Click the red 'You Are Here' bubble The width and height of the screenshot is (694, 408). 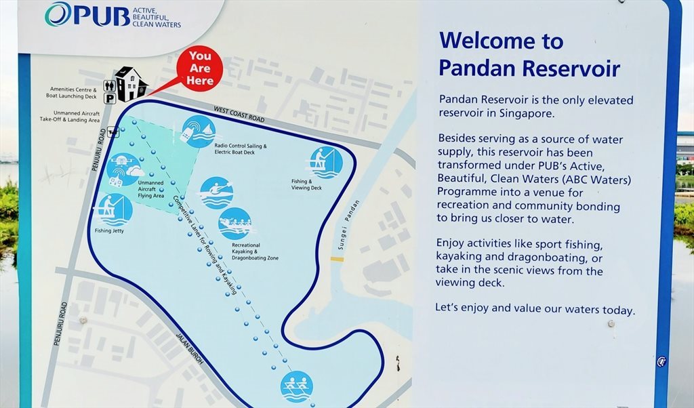[x=199, y=69]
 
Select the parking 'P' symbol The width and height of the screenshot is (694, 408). [x=110, y=98]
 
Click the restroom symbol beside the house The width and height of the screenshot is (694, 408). [x=109, y=85]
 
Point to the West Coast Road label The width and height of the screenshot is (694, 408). [x=239, y=114]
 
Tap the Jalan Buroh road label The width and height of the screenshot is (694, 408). [x=190, y=348]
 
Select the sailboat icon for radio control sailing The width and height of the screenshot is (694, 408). [x=199, y=131]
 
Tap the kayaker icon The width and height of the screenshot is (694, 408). [x=216, y=193]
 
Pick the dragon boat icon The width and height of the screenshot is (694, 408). [x=235, y=224]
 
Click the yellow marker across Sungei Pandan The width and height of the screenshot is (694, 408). [x=337, y=260]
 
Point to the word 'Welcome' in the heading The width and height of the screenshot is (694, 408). [x=483, y=41]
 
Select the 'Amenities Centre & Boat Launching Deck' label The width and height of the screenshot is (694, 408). [x=72, y=92]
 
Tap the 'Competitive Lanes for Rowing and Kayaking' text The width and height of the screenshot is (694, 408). [x=205, y=245]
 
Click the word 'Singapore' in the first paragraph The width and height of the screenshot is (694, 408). [x=527, y=113]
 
